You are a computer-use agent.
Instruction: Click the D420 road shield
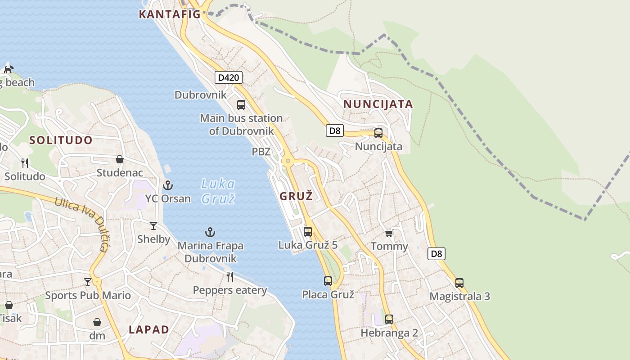pyautogui.click(x=228, y=77)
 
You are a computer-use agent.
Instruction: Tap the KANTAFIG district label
pyautogui.click(x=170, y=14)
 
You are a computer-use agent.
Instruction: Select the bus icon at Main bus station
pyautogui.click(x=241, y=105)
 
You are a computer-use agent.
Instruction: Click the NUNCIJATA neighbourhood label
pyautogui.click(x=378, y=104)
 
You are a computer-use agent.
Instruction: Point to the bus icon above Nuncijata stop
pyautogui.click(x=378, y=133)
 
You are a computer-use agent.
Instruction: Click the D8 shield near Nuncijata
pyautogui.click(x=335, y=131)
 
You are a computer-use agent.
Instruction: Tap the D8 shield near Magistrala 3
pyautogui.click(x=436, y=254)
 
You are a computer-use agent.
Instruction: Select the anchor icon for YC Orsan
pyautogui.click(x=168, y=185)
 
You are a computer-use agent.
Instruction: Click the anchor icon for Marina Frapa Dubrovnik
pyautogui.click(x=210, y=232)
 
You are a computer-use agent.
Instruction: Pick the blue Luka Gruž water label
pyautogui.click(x=218, y=191)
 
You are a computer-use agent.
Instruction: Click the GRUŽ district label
pyautogui.click(x=296, y=196)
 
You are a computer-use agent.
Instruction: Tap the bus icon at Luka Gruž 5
pyautogui.click(x=308, y=232)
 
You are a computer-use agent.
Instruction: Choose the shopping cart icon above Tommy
pyautogui.click(x=389, y=233)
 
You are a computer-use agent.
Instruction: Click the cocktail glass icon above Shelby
pyautogui.click(x=153, y=226)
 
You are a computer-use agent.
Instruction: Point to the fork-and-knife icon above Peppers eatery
pyautogui.click(x=230, y=276)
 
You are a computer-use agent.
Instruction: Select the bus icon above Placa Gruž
pyautogui.click(x=328, y=281)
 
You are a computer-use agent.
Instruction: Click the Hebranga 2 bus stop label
pyautogui.click(x=389, y=333)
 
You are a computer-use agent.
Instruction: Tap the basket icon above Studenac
pyautogui.click(x=120, y=159)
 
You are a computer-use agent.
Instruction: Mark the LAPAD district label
pyautogui.click(x=149, y=329)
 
